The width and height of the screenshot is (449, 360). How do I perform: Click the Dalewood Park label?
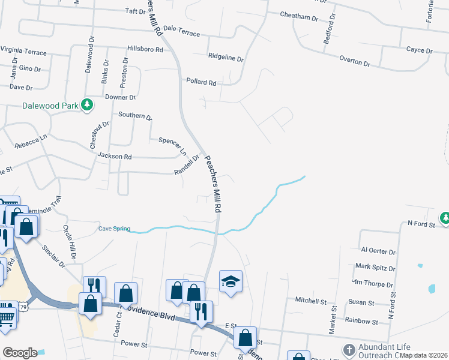[50, 106]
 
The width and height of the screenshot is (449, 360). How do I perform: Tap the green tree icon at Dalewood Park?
[88, 105]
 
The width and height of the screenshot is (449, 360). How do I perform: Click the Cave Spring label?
[113, 228]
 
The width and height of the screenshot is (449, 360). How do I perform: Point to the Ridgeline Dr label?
[226, 59]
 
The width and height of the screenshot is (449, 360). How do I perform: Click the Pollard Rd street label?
[200, 82]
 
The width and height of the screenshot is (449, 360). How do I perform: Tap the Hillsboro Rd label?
[145, 50]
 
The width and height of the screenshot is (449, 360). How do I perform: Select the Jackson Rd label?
[115, 156]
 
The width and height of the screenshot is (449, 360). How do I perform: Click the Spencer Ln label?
[172, 145]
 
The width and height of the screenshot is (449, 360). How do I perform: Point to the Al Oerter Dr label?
[378, 251]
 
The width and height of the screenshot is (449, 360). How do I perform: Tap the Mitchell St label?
[310, 299]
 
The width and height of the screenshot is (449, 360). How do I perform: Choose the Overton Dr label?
[355, 61]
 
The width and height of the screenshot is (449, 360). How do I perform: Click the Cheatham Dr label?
[299, 17]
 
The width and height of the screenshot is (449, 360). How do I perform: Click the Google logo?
[20, 353]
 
